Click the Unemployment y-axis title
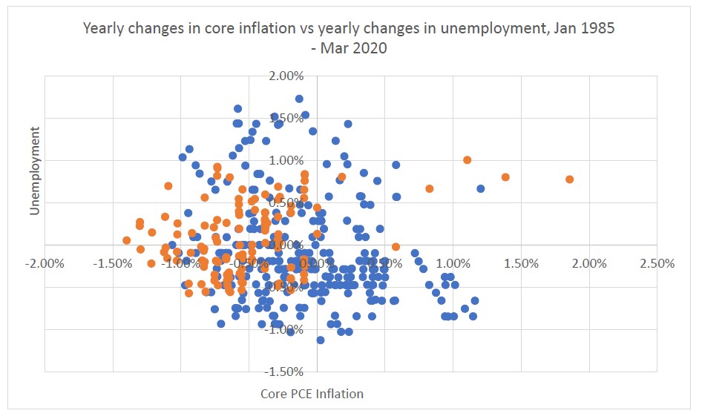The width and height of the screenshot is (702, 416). tap(34, 171)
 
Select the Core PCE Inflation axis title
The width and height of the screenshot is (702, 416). tap(312, 394)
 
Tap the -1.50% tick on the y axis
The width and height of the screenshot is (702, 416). tap(283, 372)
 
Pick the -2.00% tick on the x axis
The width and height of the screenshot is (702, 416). tap(44, 263)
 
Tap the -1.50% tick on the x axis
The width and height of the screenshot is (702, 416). tap(112, 263)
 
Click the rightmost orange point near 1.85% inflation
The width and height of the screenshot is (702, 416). tap(569, 179)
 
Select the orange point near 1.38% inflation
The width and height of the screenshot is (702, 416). tap(505, 177)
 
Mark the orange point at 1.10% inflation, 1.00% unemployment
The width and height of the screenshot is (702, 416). tap(468, 160)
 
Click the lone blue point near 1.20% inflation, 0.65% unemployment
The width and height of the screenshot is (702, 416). tap(481, 188)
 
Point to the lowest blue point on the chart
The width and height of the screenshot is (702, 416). tap(321, 340)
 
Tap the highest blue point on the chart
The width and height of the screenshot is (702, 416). tap(299, 99)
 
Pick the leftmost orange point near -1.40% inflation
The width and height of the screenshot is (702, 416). tap(127, 240)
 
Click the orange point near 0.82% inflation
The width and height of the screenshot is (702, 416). tap(429, 188)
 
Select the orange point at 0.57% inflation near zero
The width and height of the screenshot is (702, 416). tap(396, 246)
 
